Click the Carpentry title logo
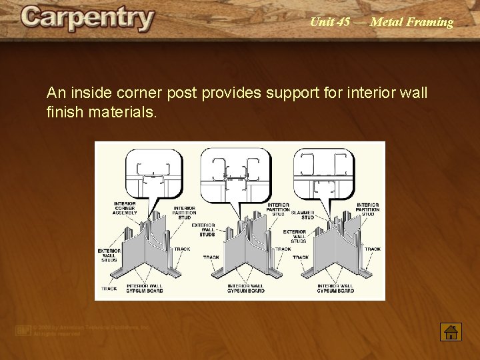tap(87, 19)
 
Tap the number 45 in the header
tap(343, 22)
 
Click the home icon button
tap(451, 332)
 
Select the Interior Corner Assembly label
tap(125, 208)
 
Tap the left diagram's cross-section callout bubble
tap(154, 169)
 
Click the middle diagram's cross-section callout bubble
tap(235, 169)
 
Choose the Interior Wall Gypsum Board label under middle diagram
tap(245, 289)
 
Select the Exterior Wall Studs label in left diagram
tap(109, 255)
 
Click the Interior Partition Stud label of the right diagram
tap(368, 209)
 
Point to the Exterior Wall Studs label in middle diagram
tap(207, 230)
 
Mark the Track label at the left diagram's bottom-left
tap(109, 289)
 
